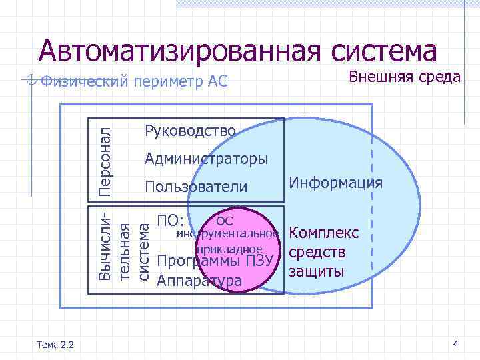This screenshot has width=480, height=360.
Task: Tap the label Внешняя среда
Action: click(x=405, y=77)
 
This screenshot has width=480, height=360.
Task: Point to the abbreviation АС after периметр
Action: click(x=218, y=82)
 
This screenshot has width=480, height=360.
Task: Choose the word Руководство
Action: click(x=190, y=131)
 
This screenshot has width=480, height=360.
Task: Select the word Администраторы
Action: click(x=207, y=159)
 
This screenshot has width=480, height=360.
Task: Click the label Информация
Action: click(x=335, y=183)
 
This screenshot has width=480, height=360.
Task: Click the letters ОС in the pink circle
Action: click(x=225, y=221)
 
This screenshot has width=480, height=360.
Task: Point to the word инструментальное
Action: click(x=227, y=235)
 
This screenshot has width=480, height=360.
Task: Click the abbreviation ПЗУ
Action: click(x=260, y=261)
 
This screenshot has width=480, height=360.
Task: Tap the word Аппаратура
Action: click(x=199, y=281)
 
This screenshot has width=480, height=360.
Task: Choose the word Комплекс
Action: click(x=325, y=233)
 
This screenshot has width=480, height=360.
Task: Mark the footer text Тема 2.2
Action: click(x=57, y=344)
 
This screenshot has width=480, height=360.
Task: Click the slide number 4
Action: click(x=455, y=344)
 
